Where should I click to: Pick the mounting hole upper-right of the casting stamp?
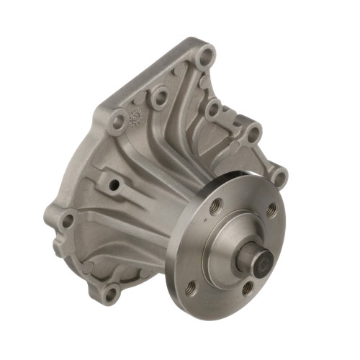coord(158,96)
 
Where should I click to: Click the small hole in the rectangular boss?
coord(114,185)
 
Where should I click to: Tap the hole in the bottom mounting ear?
coord(109,293)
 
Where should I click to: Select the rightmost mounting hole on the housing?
coord(279,175)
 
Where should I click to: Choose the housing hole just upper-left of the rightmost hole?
coord(253,133)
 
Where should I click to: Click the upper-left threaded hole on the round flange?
coord(214,210)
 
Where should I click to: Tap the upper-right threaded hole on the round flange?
coord(270,211)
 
